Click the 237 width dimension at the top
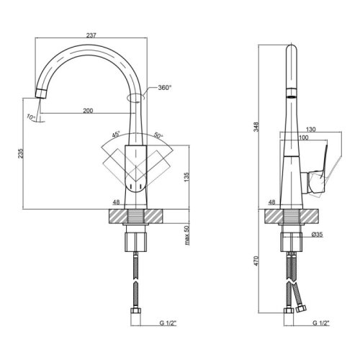point(91,35)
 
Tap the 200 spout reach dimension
point(88,111)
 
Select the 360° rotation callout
point(165,88)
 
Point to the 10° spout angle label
point(31,117)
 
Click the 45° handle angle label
point(116,135)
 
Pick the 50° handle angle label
point(158,135)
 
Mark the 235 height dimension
point(21,153)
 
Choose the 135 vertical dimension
point(187,177)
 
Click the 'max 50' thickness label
point(187,235)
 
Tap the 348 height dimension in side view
point(256,127)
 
